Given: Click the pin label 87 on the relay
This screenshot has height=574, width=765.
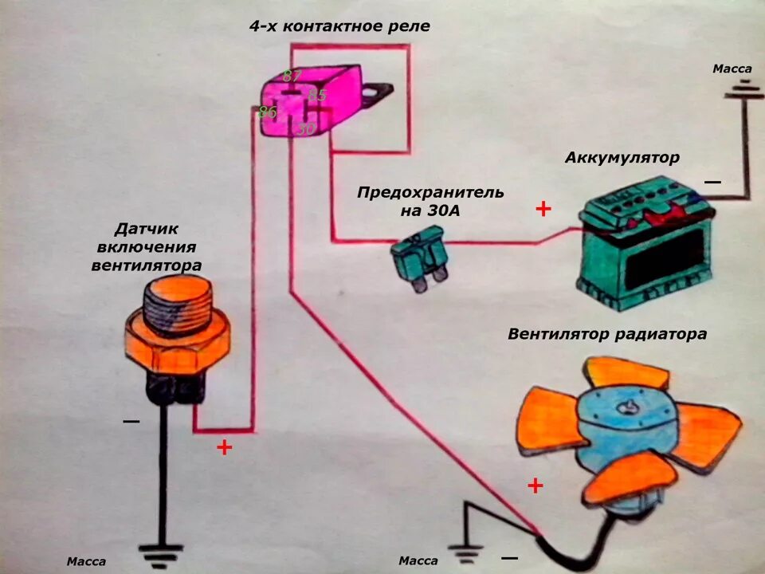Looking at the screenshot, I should [x=291, y=77].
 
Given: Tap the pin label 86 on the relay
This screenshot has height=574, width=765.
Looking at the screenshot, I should [x=267, y=112].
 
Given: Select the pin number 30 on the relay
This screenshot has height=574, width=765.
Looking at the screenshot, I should [x=306, y=128].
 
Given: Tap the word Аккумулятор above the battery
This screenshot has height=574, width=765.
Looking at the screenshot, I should [x=622, y=157].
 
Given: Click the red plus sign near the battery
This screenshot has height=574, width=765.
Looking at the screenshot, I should [x=543, y=210].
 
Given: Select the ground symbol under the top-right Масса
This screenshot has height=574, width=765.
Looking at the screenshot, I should [x=743, y=92].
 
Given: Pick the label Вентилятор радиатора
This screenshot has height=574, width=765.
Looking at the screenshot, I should [x=606, y=334].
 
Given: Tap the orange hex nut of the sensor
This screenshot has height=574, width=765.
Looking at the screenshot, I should [x=178, y=345].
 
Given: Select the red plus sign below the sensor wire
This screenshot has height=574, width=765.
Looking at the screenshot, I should [x=224, y=447].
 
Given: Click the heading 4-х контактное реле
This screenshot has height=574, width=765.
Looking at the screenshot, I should [x=339, y=26].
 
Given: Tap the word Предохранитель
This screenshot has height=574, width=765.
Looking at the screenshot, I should [x=430, y=192].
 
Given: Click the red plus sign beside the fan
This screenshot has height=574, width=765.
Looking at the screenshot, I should [x=535, y=485].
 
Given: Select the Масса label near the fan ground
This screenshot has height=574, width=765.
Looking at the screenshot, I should [x=418, y=561].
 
